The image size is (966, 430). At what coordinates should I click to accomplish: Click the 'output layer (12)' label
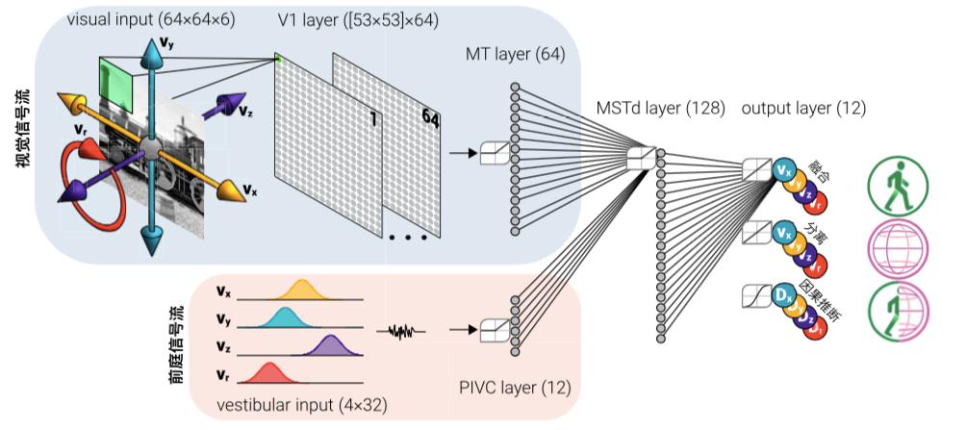click(803, 108)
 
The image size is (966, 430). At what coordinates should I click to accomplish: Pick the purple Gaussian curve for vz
click(330, 350)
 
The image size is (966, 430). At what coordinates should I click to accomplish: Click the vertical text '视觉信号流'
click(21, 129)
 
